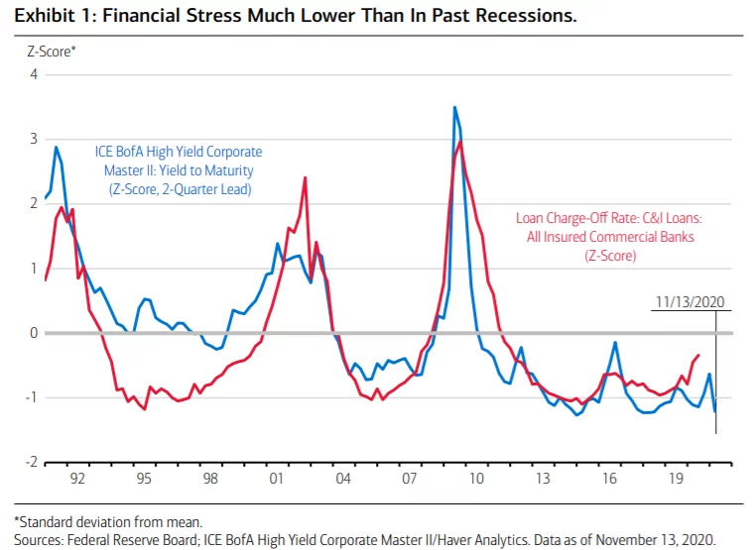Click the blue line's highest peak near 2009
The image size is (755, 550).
click(454, 107)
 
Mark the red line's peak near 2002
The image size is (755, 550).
click(305, 177)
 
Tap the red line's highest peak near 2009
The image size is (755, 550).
click(461, 142)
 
